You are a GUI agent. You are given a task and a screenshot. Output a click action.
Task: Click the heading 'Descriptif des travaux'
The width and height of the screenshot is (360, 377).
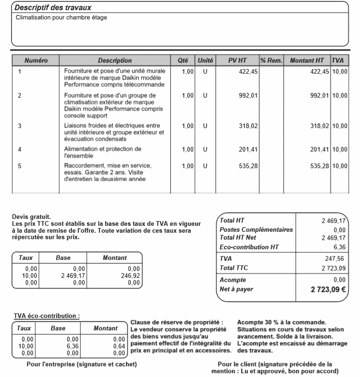[52, 8]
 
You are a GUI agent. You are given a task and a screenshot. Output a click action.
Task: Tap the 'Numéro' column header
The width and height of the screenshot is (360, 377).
[36, 60]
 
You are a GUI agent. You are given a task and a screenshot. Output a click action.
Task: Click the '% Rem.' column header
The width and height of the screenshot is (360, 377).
[271, 60]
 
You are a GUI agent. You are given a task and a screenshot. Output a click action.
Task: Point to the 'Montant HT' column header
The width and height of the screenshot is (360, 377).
[307, 60]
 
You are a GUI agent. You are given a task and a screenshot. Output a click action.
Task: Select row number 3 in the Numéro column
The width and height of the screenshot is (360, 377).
[19, 125]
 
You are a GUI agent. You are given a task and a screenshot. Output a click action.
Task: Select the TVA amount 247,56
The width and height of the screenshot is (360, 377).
[335, 259]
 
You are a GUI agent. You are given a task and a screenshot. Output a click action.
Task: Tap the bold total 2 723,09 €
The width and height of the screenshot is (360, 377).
[328, 290]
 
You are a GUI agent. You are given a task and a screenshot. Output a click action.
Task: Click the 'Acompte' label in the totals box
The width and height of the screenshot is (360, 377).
[233, 280]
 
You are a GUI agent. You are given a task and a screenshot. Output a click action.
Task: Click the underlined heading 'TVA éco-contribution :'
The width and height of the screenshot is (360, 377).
[46, 316]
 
